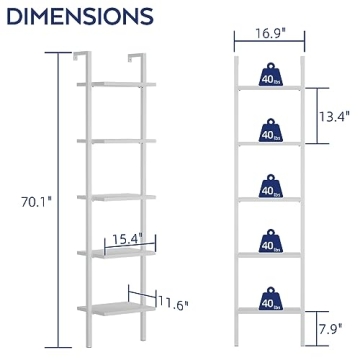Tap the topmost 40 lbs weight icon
269,75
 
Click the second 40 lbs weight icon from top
269,130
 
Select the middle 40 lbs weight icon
269,187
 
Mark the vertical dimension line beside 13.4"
313,117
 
